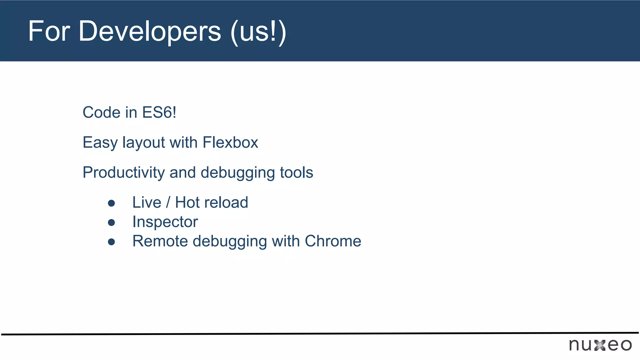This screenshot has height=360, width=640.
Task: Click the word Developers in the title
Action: (150, 31)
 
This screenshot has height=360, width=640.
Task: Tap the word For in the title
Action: (49, 31)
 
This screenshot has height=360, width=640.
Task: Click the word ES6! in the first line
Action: (159, 112)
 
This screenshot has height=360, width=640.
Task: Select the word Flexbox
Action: (230, 142)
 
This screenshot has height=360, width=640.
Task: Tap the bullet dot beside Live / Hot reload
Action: (111, 203)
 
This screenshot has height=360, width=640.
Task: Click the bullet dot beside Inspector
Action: (111, 222)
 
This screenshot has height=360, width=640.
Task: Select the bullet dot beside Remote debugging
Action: (111, 242)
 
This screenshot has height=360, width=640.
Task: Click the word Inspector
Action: (165, 222)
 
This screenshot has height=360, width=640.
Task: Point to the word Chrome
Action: (333, 241)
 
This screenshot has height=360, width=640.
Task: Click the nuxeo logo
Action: (600, 345)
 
